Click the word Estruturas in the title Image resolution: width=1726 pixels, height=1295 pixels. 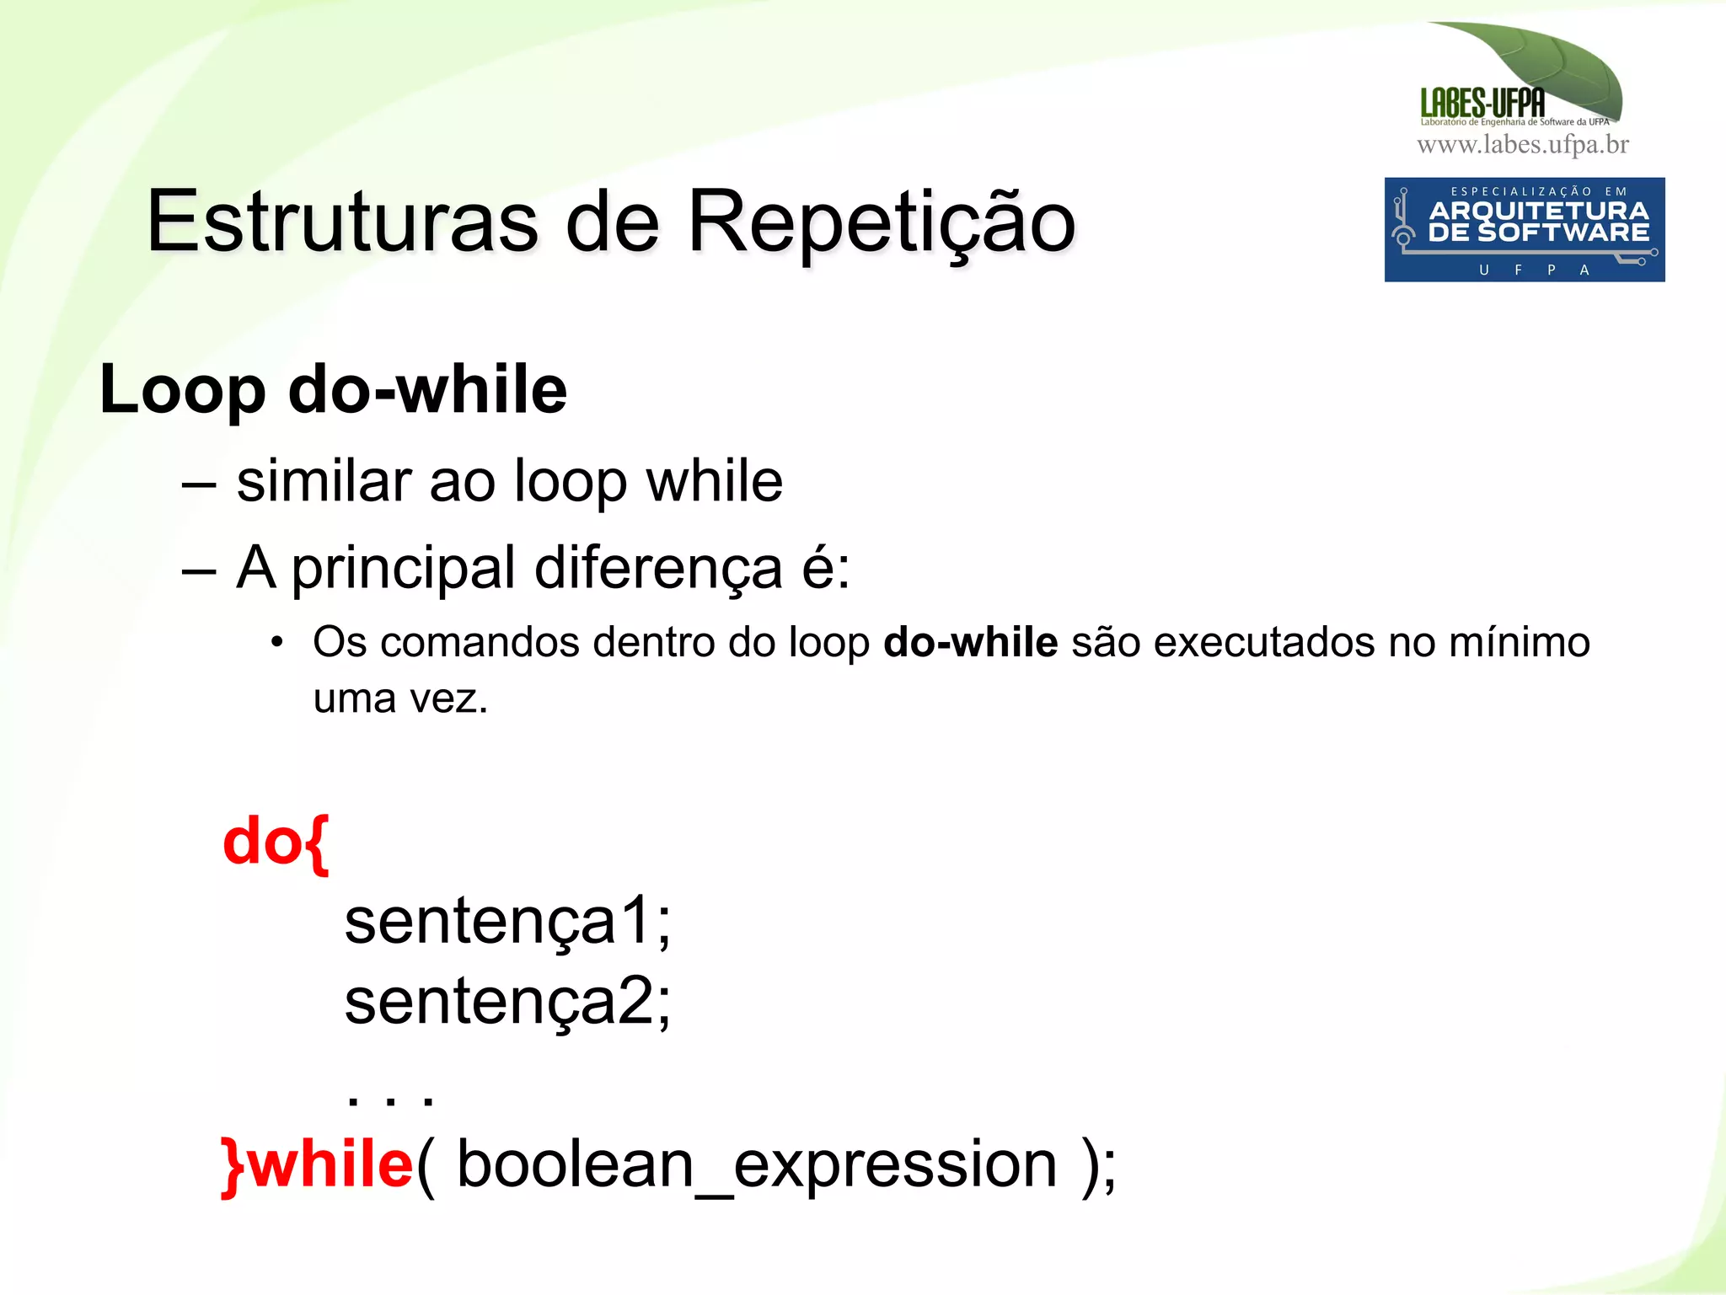pyautogui.click(x=341, y=222)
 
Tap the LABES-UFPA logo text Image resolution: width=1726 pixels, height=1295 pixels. pyautogui.click(x=1482, y=104)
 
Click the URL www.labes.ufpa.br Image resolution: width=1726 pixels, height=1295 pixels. pyautogui.click(x=1523, y=145)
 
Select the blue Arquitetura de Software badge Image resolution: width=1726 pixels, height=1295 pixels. pyautogui.click(x=1524, y=229)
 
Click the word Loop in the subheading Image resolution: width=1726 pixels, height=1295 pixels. pyautogui.click(x=182, y=390)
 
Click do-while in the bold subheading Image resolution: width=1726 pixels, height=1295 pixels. pyautogui.click(x=427, y=390)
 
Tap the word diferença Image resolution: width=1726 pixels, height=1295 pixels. pyautogui.click(x=658, y=568)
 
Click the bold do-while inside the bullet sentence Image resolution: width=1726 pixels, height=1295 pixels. pyautogui.click(x=970, y=643)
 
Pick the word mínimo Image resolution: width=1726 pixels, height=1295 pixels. pyautogui.click(x=1519, y=643)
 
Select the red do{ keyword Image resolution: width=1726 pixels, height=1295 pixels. pyautogui.click(x=275, y=842)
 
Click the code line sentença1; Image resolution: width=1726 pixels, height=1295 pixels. pyautogui.click(x=507, y=921)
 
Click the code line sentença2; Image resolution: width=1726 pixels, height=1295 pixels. pyautogui.click(x=507, y=1001)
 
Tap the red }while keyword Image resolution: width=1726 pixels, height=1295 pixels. pyautogui.click(x=317, y=1164)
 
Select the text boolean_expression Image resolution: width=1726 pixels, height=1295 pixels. pyautogui.click(x=756, y=1164)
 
